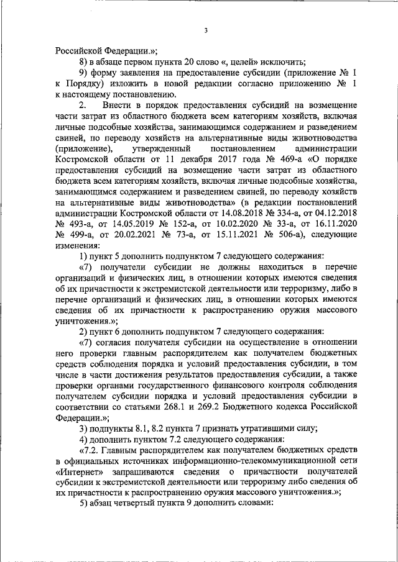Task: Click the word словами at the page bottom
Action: (251, 502)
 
